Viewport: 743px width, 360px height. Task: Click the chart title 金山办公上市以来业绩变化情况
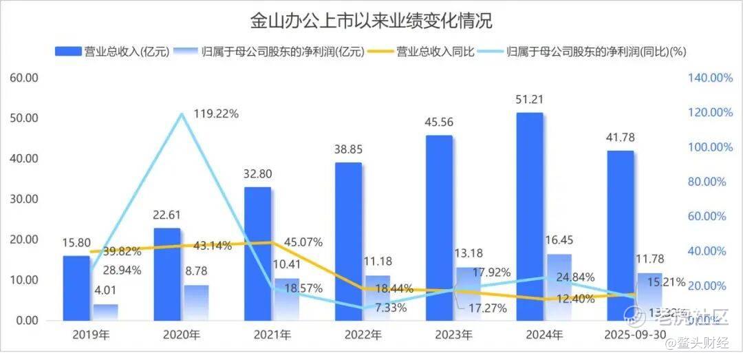(371, 21)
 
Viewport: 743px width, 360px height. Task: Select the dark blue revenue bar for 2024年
(530, 216)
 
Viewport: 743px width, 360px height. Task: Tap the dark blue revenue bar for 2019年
(76, 288)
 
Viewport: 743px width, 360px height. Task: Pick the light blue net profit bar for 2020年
(196, 302)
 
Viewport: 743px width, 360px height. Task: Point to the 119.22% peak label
(216, 114)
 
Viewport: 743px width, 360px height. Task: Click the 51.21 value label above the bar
(530, 101)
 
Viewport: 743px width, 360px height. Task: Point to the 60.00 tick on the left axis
(24, 77)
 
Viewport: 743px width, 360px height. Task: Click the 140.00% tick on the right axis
(710, 78)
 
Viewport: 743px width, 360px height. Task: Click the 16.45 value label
(559, 241)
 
